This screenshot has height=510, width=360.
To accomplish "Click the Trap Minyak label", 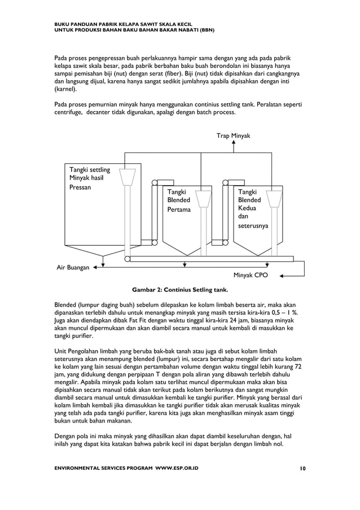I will [233, 136].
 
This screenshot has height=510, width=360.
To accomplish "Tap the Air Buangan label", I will [73, 268].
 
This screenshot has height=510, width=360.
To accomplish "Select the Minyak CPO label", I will [251, 276].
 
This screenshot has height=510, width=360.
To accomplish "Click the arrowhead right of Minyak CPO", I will [282, 276].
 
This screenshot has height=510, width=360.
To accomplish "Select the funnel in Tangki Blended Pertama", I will [203, 198].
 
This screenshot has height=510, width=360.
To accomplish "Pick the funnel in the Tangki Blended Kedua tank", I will [275, 198].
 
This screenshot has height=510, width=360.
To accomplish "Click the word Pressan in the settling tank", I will [80, 188].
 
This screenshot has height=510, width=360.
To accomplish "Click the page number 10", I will [303, 468].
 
